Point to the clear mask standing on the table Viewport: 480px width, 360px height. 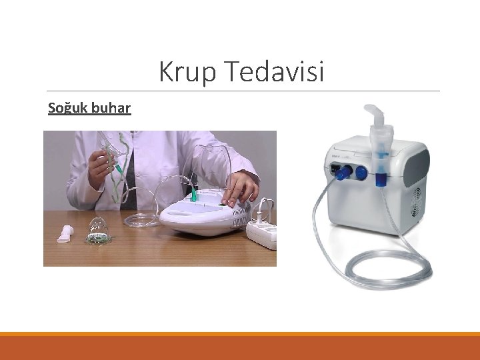pos(99,231)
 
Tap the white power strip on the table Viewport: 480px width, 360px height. pos(262,234)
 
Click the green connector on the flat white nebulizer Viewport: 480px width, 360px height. pos(194,195)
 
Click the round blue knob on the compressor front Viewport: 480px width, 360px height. pos(361,172)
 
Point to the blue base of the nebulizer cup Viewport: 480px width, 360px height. pos(381,178)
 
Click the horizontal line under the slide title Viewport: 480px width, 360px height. pos(243,91)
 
